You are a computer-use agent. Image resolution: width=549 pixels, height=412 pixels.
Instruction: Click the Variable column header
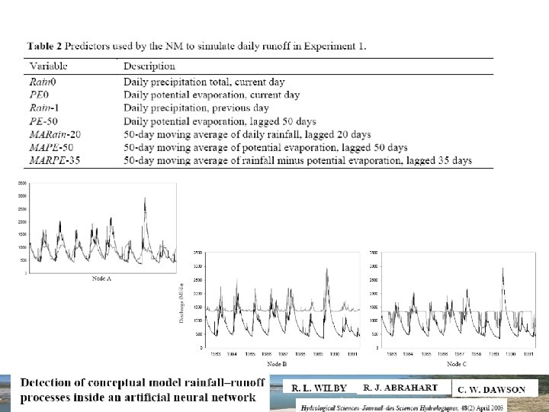(47, 66)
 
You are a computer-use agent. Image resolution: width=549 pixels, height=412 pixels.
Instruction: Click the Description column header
(149, 66)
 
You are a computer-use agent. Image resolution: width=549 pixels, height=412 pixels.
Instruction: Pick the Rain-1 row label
(43, 108)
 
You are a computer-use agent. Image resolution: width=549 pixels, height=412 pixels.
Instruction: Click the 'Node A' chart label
(101, 279)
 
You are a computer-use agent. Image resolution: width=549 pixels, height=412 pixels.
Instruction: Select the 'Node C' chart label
(457, 363)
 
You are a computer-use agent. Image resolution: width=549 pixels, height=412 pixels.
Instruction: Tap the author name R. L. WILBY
(319, 388)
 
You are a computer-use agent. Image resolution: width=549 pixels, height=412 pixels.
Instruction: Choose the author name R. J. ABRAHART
(400, 388)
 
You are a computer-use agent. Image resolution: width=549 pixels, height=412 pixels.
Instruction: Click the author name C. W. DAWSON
(491, 389)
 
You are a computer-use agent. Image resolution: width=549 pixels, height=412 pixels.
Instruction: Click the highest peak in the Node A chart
(145, 198)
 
